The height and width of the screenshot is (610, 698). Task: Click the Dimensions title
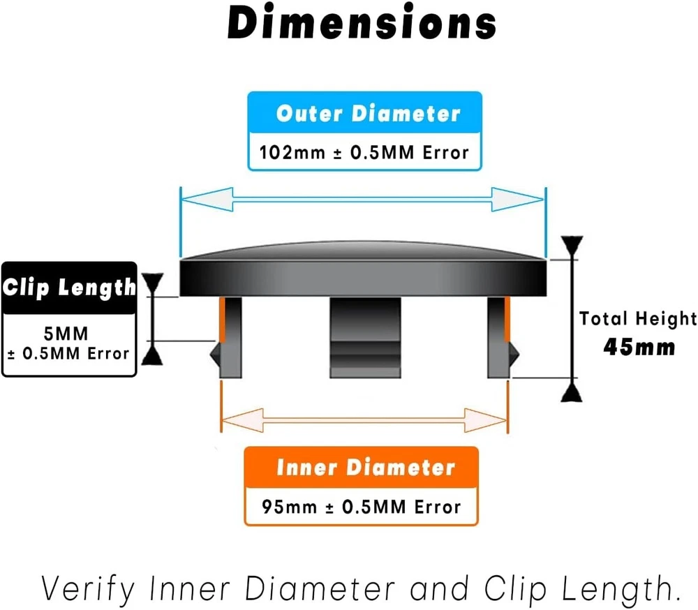click(x=362, y=24)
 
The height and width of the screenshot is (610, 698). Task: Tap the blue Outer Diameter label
click(x=368, y=114)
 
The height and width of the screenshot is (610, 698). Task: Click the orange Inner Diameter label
click(x=365, y=468)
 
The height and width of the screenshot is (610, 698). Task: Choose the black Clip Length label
click(x=69, y=287)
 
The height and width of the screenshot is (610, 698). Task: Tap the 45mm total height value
click(x=639, y=347)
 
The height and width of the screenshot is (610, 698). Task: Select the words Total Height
click(x=638, y=319)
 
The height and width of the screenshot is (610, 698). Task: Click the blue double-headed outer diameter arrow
click(x=362, y=199)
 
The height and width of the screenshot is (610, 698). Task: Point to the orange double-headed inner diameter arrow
click(x=364, y=421)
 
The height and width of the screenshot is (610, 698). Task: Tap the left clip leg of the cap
click(x=231, y=337)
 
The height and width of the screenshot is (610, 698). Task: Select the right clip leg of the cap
click(x=498, y=337)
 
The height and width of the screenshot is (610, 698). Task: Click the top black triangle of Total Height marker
click(x=572, y=246)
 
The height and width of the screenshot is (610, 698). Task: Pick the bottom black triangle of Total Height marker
click(x=572, y=392)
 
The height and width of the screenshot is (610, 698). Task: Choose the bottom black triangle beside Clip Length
click(x=153, y=355)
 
